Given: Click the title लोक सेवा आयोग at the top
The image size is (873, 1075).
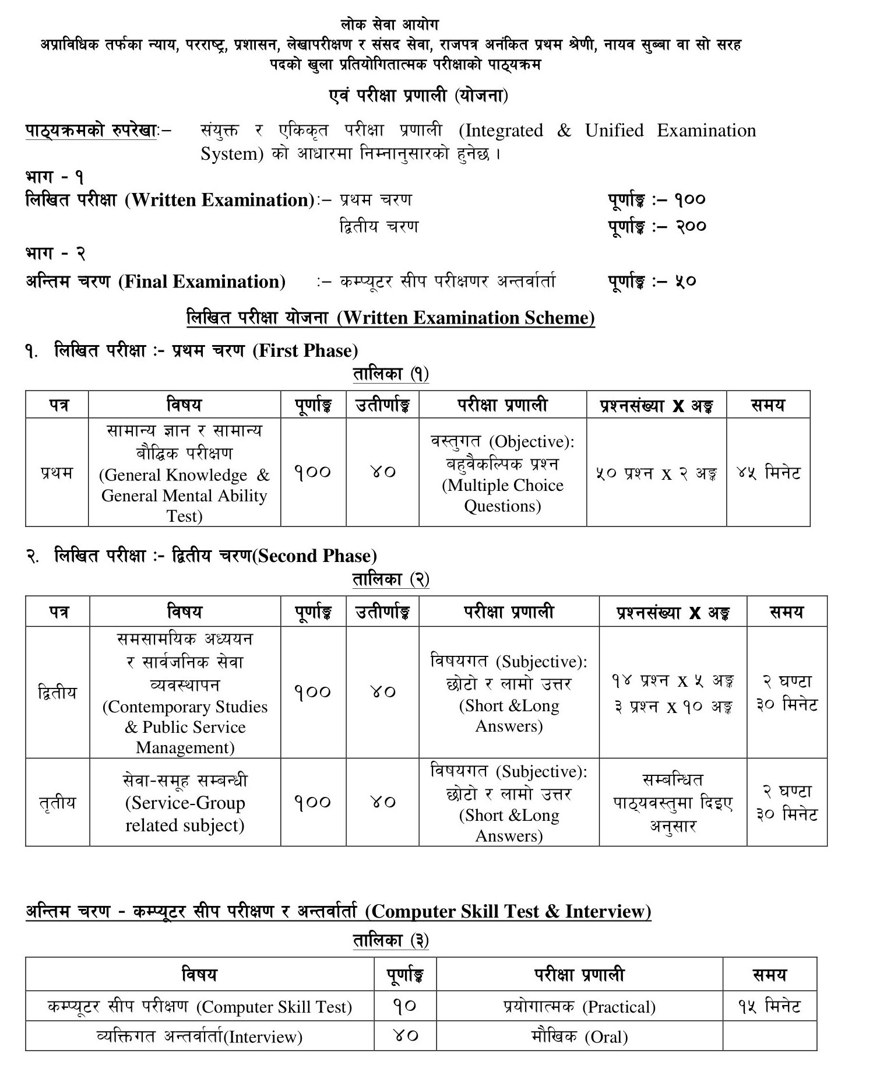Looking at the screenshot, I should pyautogui.click(x=389, y=25).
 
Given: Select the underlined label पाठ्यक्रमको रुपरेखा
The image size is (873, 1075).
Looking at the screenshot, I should pyautogui.click(x=91, y=131).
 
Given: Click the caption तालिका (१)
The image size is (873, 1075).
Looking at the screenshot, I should pyautogui.click(x=390, y=374).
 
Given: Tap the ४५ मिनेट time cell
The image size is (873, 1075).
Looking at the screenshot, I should pyautogui.click(x=768, y=472).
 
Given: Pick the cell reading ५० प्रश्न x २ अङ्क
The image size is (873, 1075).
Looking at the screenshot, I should pyautogui.click(x=656, y=473).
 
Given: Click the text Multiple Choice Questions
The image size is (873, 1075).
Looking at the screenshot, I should pyautogui.click(x=502, y=496).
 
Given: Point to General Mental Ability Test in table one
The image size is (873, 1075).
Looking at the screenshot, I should pyautogui.click(x=184, y=505).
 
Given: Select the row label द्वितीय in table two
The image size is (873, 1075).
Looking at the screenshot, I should pyautogui.click(x=57, y=693).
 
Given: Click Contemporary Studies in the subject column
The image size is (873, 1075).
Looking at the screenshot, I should pyautogui.click(x=185, y=707).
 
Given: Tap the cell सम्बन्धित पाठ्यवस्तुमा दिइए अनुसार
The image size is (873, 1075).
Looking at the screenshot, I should pyautogui.click(x=673, y=803).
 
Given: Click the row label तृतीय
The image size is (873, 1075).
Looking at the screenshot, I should pyautogui.click(x=57, y=803).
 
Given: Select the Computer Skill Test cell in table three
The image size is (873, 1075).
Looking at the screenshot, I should pyautogui.click(x=200, y=1007).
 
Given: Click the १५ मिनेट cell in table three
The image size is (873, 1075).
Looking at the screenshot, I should pyautogui.click(x=769, y=1006).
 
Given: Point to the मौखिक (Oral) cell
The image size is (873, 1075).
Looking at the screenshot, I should pyautogui.click(x=579, y=1037).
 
